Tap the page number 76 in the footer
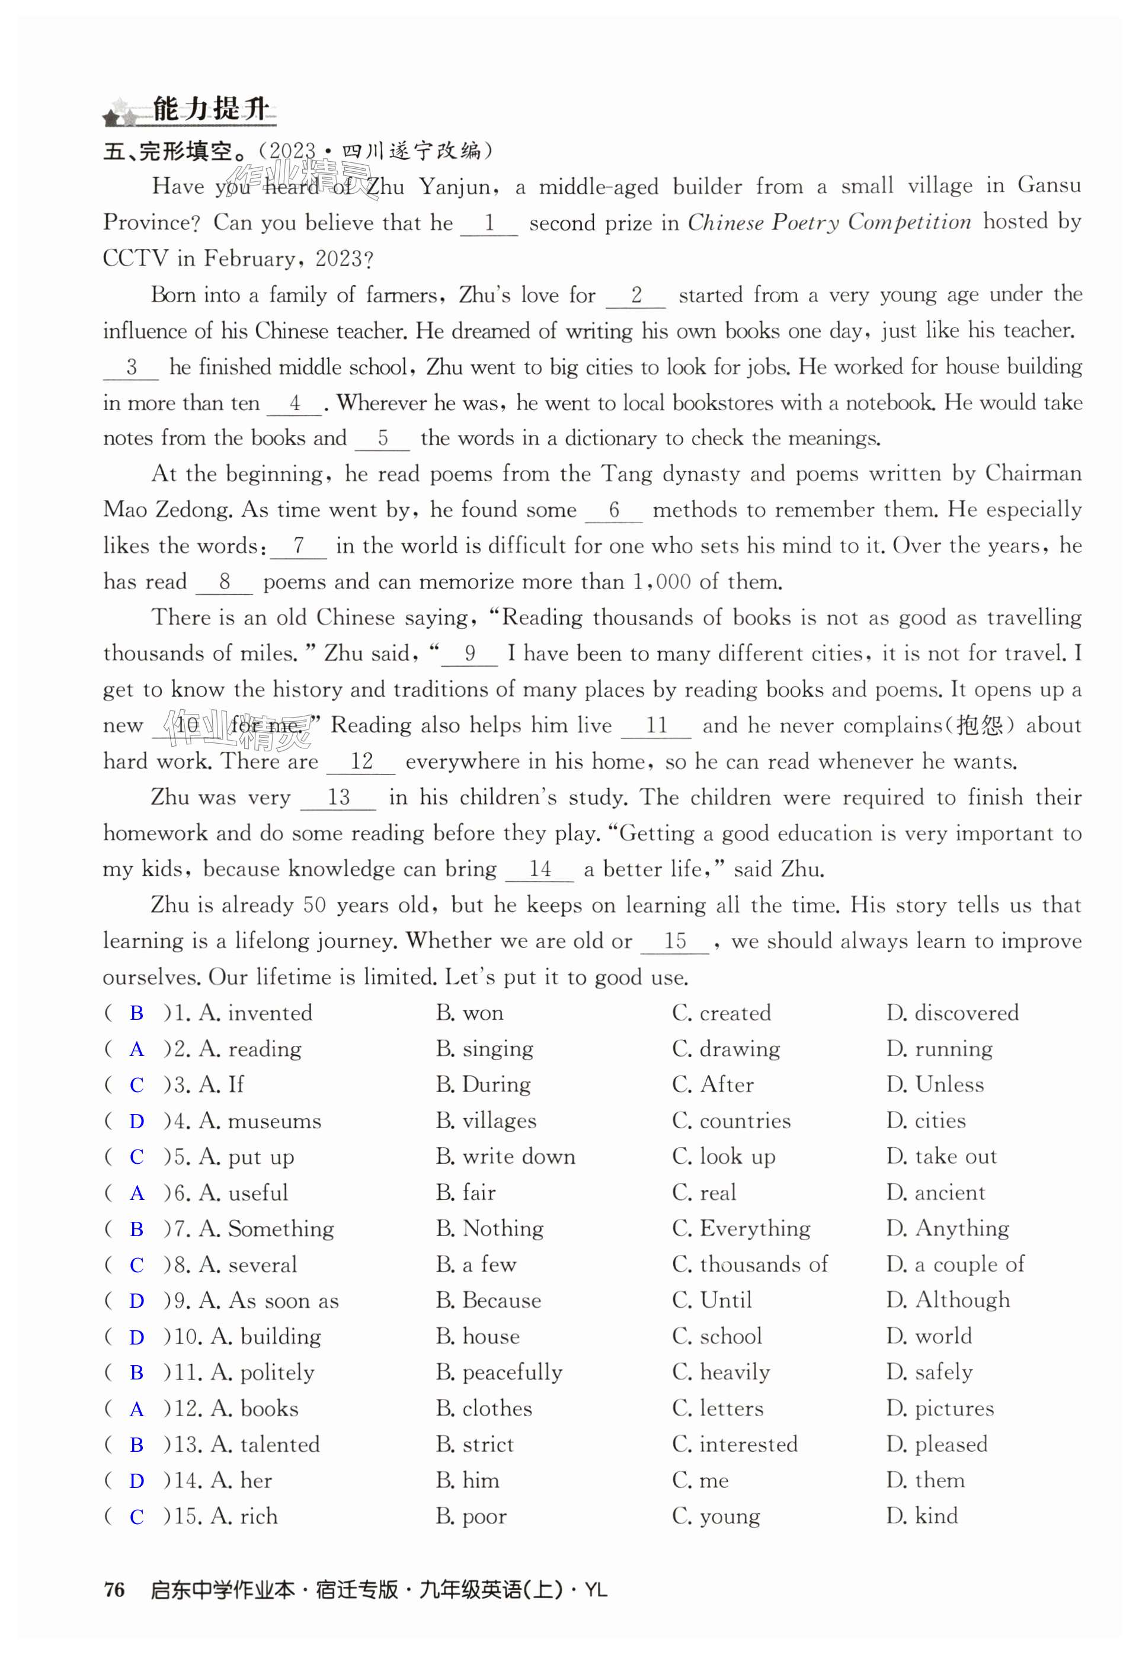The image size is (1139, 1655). point(114,1590)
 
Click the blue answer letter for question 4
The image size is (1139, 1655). point(136,1121)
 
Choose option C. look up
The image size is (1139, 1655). point(724,1157)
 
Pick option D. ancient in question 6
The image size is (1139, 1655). point(936,1193)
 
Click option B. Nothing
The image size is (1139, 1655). point(489,1228)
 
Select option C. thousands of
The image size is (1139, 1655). point(749,1265)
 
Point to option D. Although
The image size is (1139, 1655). point(948,1300)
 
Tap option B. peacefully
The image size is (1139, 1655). point(499,1372)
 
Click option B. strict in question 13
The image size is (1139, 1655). point(475,1445)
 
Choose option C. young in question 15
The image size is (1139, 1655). point(716,1516)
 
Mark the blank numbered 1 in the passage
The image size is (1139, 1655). point(489,223)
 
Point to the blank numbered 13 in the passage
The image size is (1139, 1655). point(338,798)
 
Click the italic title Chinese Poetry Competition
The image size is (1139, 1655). point(829,223)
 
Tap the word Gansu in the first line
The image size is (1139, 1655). point(1049,185)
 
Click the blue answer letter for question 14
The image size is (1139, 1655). point(136,1481)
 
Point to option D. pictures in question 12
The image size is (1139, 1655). point(940,1408)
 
